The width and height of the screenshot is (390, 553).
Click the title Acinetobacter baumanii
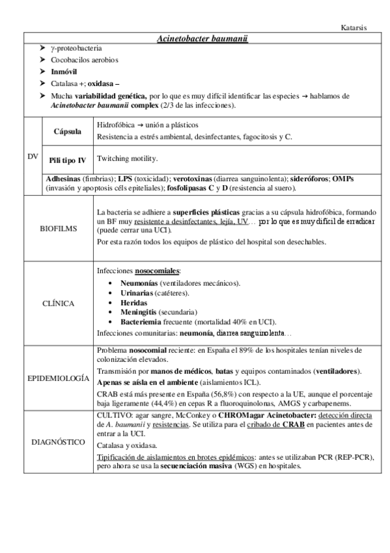202,39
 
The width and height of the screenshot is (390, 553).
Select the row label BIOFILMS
58,229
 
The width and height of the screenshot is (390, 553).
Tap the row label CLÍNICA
58,303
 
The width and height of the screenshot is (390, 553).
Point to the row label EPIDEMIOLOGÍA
59,379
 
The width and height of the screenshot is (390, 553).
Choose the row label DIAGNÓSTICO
58,442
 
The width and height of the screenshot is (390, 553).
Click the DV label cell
33,157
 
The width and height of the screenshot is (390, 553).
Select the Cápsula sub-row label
68,131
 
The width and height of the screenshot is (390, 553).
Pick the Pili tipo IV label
68,160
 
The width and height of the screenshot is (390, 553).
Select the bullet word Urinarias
137,293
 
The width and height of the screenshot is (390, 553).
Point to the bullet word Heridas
133,303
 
